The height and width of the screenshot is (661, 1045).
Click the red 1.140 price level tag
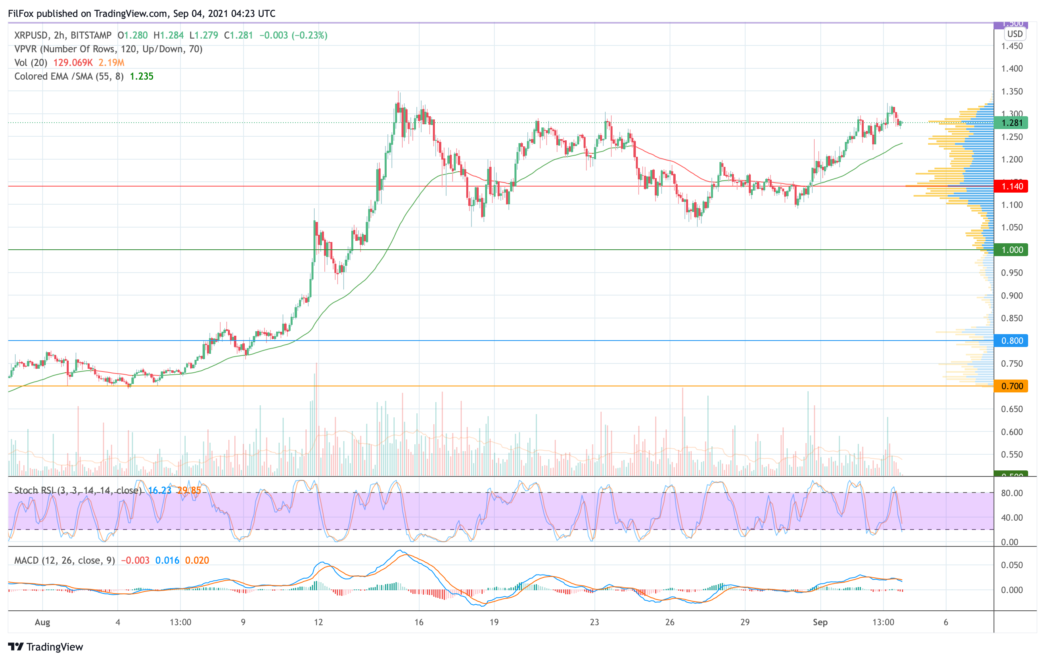(x=1011, y=186)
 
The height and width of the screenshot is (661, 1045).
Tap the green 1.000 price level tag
(x=1011, y=250)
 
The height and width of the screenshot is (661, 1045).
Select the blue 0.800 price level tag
(x=1011, y=341)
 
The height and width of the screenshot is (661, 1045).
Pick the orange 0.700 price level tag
(x=1011, y=386)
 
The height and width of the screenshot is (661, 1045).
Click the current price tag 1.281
(x=1011, y=123)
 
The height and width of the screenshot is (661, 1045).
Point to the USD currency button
(x=1014, y=34)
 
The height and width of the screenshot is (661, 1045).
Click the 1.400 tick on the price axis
(x=1012, y=69)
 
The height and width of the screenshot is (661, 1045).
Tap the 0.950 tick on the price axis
(x=1012, y=273)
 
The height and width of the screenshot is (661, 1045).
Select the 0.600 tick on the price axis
(x=1012, y=432)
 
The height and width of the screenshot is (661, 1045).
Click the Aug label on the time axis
(x=43, y=622)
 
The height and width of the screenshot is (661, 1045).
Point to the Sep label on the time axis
(x=820, y=622)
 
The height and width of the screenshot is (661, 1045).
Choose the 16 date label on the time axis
(x=419, y=622)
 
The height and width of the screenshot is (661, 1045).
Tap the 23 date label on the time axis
(x=594, y=622)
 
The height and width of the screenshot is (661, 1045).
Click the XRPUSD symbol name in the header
(x=31, y=35)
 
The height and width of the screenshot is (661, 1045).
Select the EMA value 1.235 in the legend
(x=141, y=76)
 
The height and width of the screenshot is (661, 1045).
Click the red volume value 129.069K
(x=73, y=62)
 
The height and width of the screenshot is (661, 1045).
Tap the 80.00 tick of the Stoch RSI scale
(x=1012, y=493)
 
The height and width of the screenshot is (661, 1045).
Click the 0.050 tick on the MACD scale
(x=1012, y=565)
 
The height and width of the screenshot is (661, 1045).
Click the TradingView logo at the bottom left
(x=45, y=647)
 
